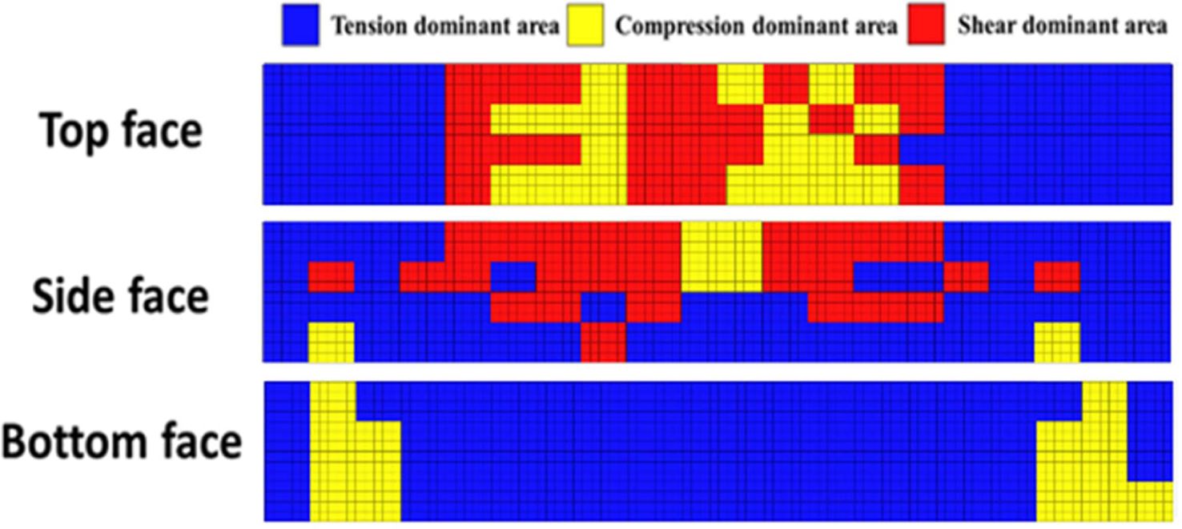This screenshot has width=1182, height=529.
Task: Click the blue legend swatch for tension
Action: (x=301, y=26)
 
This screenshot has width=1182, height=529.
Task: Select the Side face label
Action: (x=120, y=297)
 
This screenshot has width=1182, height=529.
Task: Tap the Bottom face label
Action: (x=121, y=441)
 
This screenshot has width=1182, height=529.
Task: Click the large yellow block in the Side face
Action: (x=721, y=256)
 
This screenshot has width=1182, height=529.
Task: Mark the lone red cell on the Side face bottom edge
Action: (x=603, y=342)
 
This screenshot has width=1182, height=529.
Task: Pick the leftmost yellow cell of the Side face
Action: (x=331, y=342)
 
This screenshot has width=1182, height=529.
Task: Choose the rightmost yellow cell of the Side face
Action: (x=1057, y=342)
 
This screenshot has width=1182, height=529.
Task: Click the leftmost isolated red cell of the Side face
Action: (x=331, y=277)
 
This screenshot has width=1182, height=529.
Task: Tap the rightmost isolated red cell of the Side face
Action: (x=1057, y=277)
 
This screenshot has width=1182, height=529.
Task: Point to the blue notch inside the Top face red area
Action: (x=922, y=150)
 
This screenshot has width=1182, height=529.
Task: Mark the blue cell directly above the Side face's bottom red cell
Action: (x=603, y=307)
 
